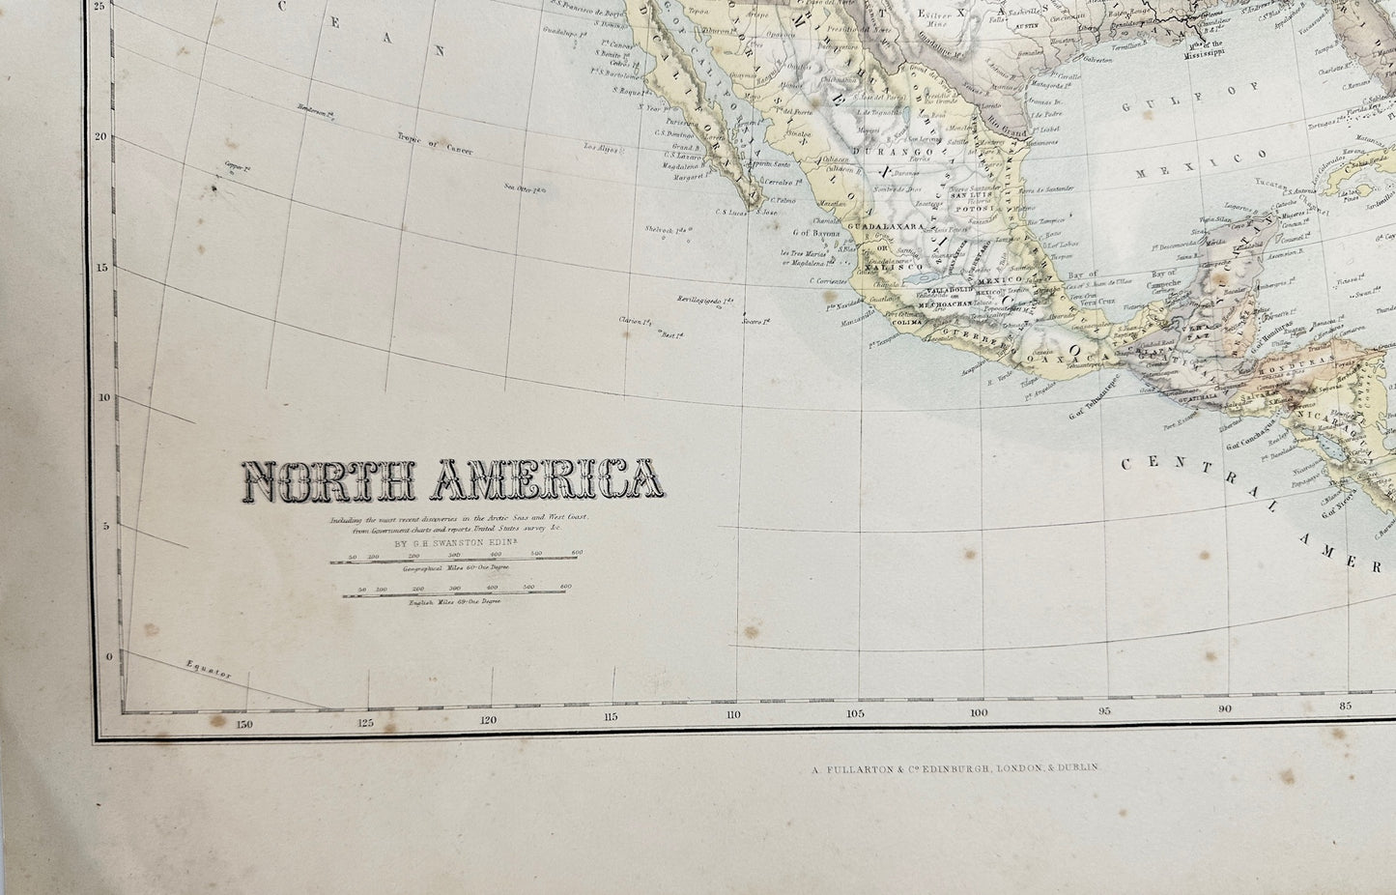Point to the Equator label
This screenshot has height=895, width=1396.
tap(207, 670)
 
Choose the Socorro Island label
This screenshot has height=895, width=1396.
tap(753, 321)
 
